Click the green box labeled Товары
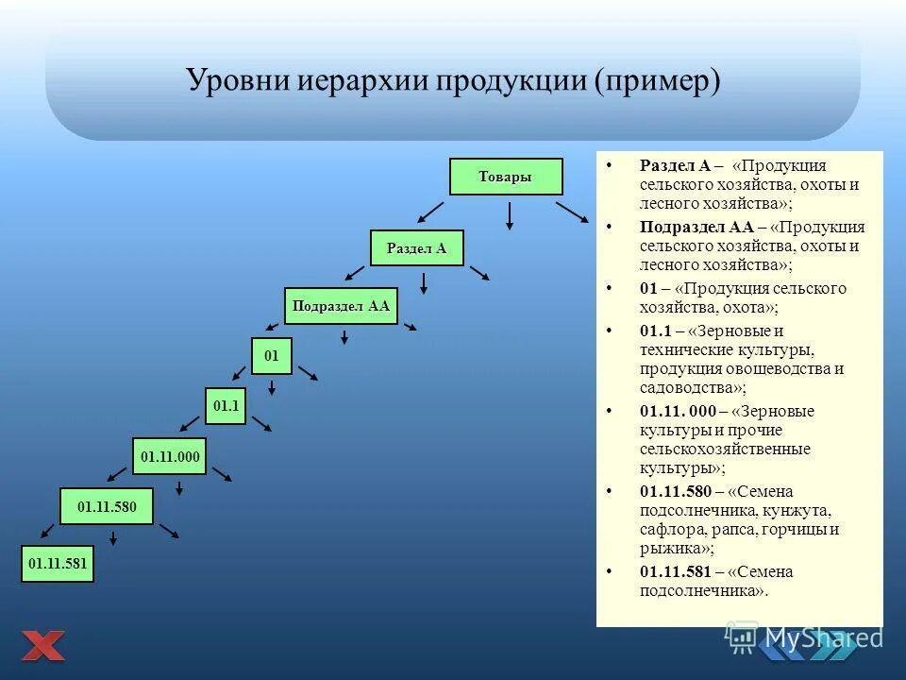click(x=506, y=177)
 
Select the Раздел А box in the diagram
click(x=416, y=248)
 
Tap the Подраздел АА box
click(x=341, y=306)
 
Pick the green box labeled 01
click(x=272, y=356)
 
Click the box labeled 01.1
click(x=226, y=406)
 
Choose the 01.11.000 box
click(x=171, y=457)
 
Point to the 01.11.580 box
click(x=107, y=507)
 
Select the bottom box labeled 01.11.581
click(x=58, y=564)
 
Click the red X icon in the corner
click(x=43, y=646)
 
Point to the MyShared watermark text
click(x=824, y=637)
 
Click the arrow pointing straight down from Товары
click(x=510, y=215)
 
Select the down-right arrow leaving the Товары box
click(x=572, y=212)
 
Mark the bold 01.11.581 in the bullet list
click(x=675, y=572)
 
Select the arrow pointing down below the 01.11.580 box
click(x=113, y=538)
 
